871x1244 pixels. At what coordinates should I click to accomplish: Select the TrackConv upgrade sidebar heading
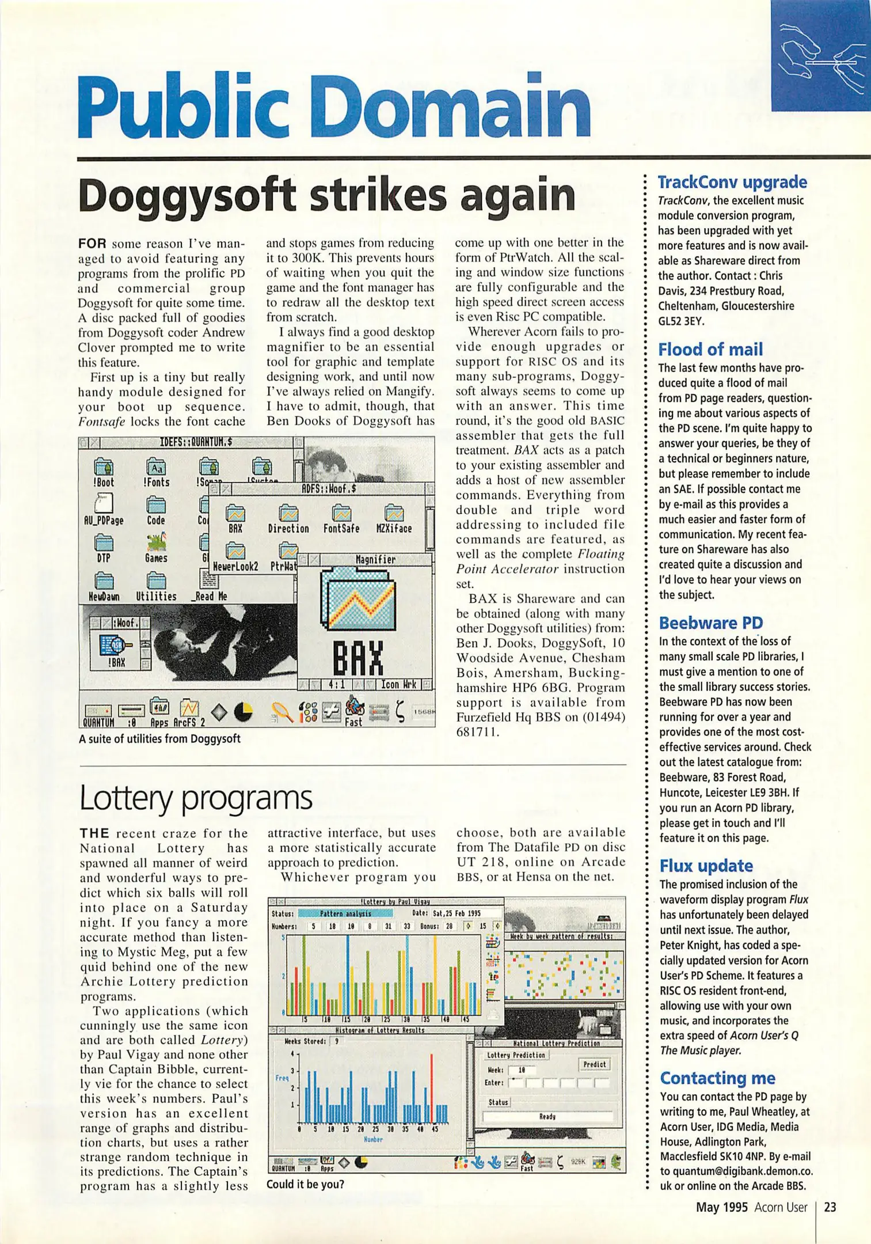pos(732,183)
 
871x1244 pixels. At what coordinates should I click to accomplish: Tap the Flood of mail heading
pos(710,350)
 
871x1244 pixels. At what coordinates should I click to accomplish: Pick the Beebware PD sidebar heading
pos(710,623)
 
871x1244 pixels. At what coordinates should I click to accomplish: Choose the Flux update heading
pos(706,866)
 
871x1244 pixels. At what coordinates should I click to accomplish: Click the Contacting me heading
pos(717,1078)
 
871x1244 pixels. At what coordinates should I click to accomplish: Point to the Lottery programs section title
pos(196,798)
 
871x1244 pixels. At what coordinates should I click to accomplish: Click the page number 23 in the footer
pos(830,1207)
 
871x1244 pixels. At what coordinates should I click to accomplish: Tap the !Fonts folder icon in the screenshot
pos(156,468)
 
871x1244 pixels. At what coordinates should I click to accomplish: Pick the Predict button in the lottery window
pos(594,1064)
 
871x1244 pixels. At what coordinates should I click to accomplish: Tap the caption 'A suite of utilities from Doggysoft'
pos(159,738)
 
